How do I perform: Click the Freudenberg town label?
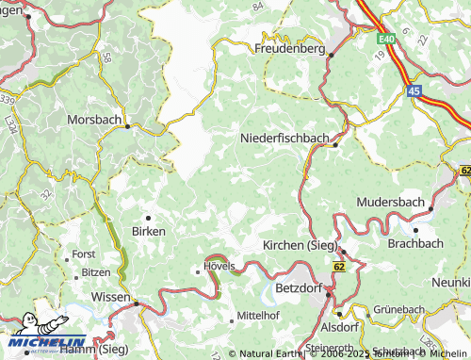(x=289, y=48)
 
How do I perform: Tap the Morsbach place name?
(x=95, y=121)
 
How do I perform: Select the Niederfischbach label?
(x=285, y=138)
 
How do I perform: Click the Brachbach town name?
(x=416, y=243)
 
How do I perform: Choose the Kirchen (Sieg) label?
(x=301, y=245)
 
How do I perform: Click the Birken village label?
(x=149, y=231)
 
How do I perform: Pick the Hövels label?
(x=219, y=269)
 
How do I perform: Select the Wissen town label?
(x=111, y=296)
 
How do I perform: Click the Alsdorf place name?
(x=339, y=327)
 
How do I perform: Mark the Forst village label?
(x=84, y=254)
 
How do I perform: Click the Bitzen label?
(x=94, y=271)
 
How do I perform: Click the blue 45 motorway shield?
(x=414, y=90)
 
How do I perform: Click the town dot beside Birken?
(x=148, y=217)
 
